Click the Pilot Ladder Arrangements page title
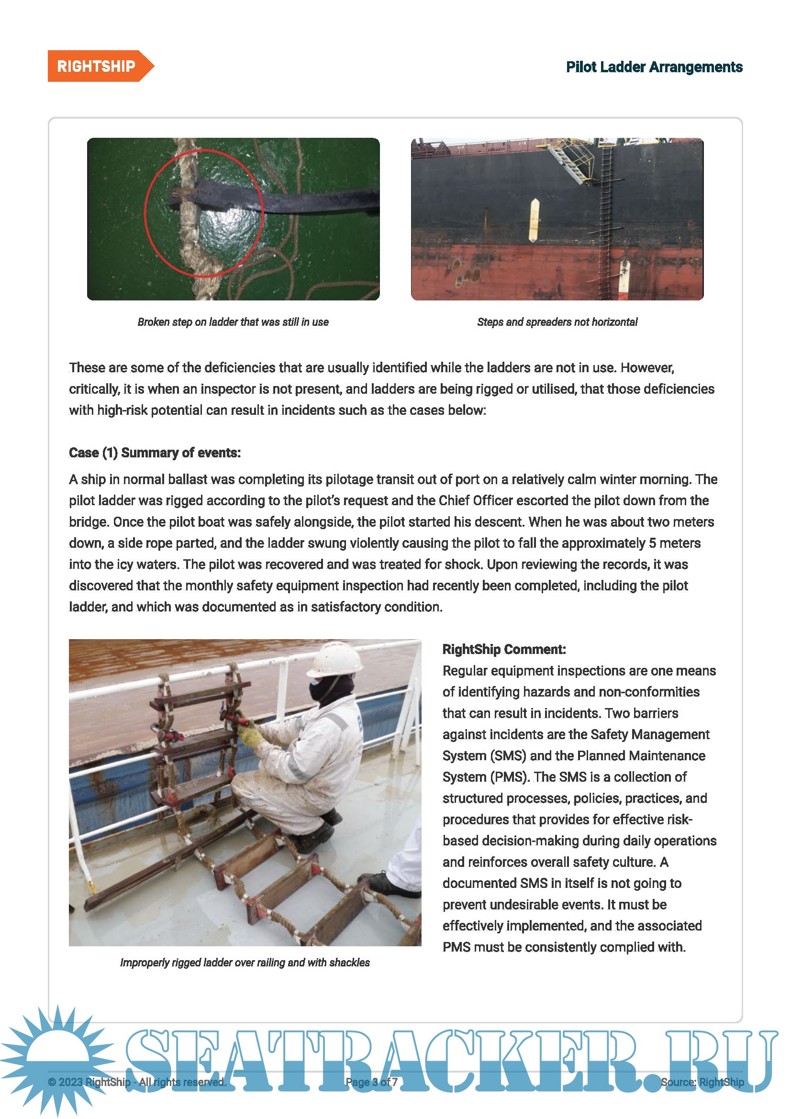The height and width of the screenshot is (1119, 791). tap(654, 67)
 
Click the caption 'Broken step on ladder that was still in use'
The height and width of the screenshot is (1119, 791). tap(233, 322)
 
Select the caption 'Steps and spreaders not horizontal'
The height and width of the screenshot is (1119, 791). tap(557, 322)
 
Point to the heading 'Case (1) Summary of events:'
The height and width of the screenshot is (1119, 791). tap(155, 453)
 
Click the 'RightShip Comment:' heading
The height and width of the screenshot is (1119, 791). tap(504, 649)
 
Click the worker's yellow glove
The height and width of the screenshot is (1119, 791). tap(249, 735)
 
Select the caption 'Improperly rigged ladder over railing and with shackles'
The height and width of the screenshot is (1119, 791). tap(245, 963)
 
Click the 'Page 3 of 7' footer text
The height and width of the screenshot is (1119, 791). tap(371, 1082)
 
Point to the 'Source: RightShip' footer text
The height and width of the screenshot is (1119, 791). tap(702, 1082)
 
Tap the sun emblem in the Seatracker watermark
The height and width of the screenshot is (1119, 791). tap(57, 1058)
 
